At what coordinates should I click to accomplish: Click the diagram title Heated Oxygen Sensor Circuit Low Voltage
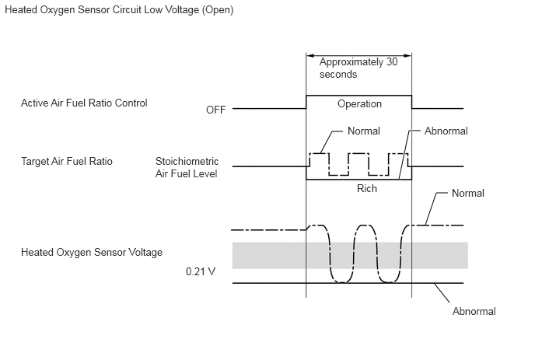[x=119, y=9]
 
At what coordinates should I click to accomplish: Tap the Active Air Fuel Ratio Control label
[x=84, y=103]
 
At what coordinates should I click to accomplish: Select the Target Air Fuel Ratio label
[x=67, y=161]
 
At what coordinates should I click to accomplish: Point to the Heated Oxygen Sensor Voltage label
[x=92, y=253]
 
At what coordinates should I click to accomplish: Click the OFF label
[x=215, y=110]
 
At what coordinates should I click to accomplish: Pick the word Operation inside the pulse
[x=359, y=103]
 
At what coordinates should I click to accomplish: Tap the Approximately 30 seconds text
[x=358, y=68]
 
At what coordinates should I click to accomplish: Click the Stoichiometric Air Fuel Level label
[x=187, y=167]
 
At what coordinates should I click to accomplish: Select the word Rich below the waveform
[x=367, y=188]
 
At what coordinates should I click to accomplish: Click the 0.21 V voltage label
[x=201, y=271]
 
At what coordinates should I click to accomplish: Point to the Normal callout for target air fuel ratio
[x=364, y=131]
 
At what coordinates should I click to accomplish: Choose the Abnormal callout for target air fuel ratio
[x=446, y=131]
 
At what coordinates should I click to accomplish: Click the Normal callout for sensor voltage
[x=468, y=193]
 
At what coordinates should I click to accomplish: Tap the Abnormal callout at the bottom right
[x=474, y=311]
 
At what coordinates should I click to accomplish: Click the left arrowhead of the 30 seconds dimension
[x=309, y=55]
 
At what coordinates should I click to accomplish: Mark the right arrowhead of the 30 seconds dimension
[x=407, y=55]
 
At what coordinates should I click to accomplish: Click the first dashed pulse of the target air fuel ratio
[x=319, y=153]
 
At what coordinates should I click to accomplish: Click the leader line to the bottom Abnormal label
[x=442, y=293]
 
